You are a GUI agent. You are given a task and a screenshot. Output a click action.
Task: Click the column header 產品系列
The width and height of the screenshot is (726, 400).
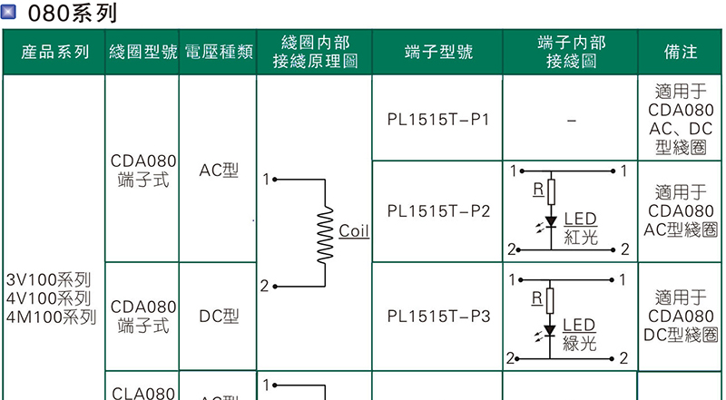coord(54,53)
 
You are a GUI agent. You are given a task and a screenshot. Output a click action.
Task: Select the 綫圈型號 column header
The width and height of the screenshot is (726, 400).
coord(142,53)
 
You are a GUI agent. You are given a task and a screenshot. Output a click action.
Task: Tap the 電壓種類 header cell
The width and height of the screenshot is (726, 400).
coord(218,53)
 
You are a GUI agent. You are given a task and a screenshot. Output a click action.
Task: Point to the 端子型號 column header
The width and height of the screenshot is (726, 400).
coord(438,53)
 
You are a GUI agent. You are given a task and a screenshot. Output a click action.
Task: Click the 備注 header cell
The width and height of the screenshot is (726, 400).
coord(681,53)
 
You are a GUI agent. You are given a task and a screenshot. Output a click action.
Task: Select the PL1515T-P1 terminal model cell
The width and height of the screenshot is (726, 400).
coord(438,120)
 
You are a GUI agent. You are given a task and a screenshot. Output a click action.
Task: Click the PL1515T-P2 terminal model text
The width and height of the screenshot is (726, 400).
coord(438,211)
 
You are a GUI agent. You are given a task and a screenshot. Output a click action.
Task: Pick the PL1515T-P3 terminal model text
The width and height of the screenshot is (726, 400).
coord(438,317)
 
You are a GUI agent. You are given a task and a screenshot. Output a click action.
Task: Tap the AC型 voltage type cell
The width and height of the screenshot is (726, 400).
coord(219,171)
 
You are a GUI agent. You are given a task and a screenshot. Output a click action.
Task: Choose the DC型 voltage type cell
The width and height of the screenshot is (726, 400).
coord(219,317)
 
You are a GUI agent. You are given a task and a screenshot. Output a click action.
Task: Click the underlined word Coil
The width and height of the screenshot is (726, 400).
coord(354,231)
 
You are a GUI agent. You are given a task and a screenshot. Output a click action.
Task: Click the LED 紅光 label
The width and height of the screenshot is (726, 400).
coord(580,228)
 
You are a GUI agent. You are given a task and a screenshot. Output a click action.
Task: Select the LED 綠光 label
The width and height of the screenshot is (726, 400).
coord(580,334)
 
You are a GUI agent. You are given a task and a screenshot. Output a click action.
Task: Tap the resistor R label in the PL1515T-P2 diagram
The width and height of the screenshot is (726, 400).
coord(537,190)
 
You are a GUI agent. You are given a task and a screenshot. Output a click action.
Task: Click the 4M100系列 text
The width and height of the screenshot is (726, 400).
coord(50,317)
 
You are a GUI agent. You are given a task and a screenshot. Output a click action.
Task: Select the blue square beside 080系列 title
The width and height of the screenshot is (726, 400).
coord(11,14)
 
